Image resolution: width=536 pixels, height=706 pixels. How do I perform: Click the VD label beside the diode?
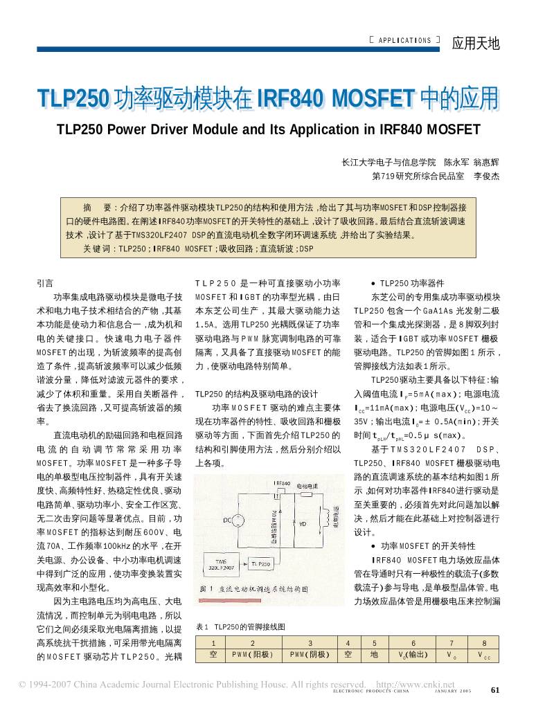coord(303,524)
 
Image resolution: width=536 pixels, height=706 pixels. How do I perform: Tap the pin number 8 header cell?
coord(484,642)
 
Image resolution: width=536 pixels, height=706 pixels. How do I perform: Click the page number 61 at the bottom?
coord(494,690)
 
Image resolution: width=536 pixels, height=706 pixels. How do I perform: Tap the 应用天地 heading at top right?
coord(475,43)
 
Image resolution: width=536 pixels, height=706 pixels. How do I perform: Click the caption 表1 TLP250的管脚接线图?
coord(240,626)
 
